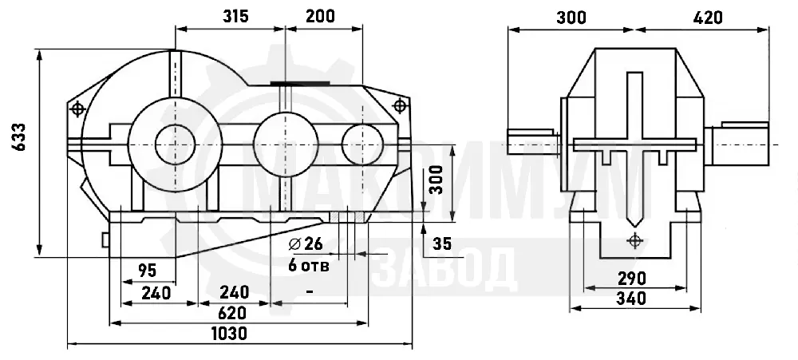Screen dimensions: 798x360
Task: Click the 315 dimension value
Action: (x=235, y=16)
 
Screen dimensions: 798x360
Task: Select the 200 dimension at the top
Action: (x=321, y=16)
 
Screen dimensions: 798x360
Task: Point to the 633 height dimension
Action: (x=20, y=136)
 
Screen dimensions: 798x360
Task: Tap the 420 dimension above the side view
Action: (x=707, y=18)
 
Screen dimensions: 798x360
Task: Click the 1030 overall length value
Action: (x=229, y=334)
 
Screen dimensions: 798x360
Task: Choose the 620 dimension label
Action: (x=231, y=313)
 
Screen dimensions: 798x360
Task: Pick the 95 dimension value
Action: (x=147, y=270)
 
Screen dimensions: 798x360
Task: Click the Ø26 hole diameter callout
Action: (x=306, y=244)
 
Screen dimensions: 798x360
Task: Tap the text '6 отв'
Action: (x=308, y=265)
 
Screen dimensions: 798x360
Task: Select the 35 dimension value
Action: (x=442, y=244)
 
